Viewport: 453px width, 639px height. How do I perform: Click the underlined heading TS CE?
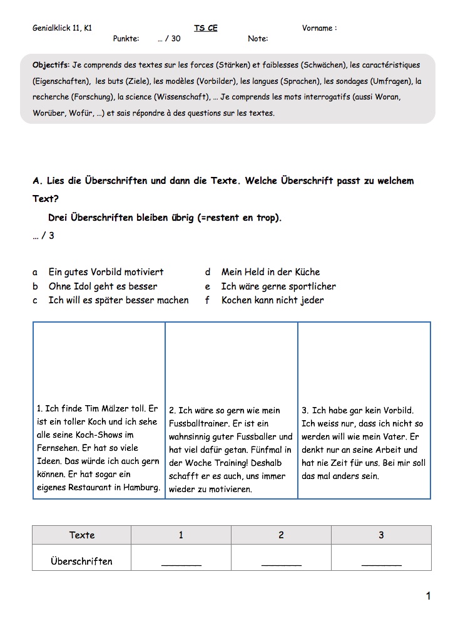205,28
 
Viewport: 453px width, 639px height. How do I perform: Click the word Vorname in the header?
317,28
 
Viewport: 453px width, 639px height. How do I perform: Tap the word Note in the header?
257,39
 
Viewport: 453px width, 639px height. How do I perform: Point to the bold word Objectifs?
51,65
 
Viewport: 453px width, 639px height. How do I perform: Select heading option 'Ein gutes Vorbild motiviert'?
106,272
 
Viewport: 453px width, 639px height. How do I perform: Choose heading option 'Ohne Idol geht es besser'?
103,286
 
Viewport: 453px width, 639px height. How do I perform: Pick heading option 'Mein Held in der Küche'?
270,272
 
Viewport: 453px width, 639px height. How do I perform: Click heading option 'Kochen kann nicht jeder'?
272,300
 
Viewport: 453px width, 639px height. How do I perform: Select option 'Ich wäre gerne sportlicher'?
278,286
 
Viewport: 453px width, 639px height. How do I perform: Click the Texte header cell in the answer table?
82,535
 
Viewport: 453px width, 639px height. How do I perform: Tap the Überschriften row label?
81,561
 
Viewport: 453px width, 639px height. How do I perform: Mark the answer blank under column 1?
181,563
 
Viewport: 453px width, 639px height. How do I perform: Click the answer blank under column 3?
382,563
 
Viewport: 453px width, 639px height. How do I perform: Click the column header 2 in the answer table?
281,535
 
